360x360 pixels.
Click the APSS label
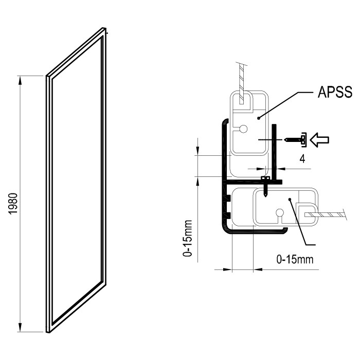(x=335, y=92)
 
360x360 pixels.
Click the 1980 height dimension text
(x=13, y=204)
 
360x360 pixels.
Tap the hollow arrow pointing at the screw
(x=319, y=140)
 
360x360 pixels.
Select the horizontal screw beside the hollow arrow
(x=295, y=139)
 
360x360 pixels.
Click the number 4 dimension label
(x=302, y=158)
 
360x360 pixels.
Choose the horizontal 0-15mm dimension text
(x=295, y=259)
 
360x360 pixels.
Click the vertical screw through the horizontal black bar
(x=265, y=186)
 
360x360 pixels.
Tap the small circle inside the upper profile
(x=243, y=129)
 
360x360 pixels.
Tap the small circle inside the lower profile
(x=279, y=213)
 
